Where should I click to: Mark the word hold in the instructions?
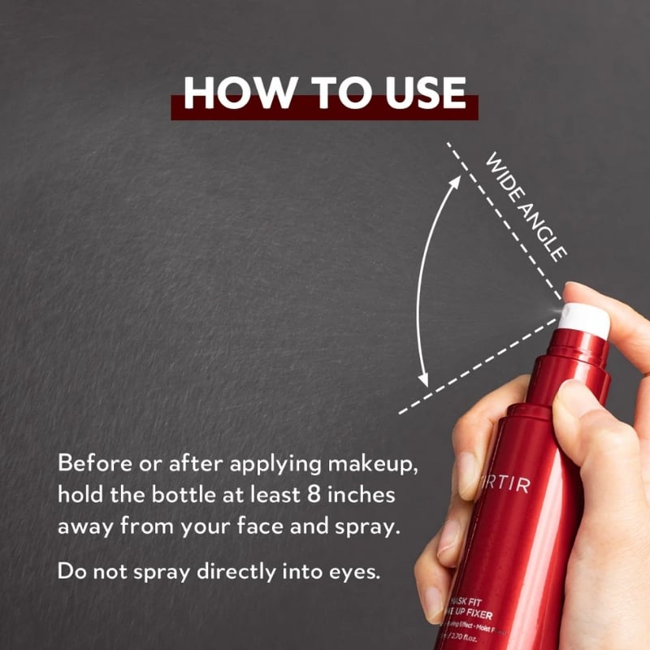click(x=78, y=495)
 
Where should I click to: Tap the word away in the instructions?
click(x=84, y=526)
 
